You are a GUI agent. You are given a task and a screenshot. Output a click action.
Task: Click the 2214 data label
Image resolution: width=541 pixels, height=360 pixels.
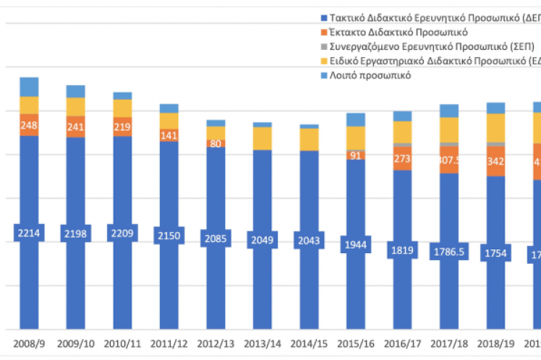pyautogui.click(x=29, y=233)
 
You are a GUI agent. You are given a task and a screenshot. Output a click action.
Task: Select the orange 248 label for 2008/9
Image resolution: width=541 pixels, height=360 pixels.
pyautogui.click(x=29, y=125)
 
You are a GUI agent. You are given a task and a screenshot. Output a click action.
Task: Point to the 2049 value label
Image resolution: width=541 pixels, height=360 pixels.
pyautogui.click(x=263, y=239)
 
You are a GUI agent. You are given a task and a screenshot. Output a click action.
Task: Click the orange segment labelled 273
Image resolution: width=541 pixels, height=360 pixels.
pyautogui.click(x=403, y=158)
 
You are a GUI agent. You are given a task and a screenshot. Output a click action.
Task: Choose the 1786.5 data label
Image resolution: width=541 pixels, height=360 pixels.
pyautogui.click(x=449, y=252)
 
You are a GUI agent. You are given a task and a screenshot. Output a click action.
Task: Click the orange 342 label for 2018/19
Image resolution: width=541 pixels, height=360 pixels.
pyautogui.click(x=496, y=160)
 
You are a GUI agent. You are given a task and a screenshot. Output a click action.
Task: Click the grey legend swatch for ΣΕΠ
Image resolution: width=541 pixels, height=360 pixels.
pyautogui.click(x=323, y=46)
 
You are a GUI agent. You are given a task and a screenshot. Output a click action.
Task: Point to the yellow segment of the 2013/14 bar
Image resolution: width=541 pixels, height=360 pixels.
pyautogui.click(x=263, y=138)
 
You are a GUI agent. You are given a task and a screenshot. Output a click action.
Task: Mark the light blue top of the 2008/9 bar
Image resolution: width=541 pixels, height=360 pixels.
pyautogui.click(x=29, y=87)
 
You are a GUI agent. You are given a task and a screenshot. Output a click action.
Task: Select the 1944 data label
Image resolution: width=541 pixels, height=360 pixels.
pyautogui.click(x=356, y=245)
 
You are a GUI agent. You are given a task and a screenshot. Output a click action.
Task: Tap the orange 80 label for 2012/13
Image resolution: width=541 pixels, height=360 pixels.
pyautogui.click(x=216, y=143)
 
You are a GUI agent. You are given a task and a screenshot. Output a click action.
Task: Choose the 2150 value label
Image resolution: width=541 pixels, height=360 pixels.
pyautogui.click(x=169, y=235)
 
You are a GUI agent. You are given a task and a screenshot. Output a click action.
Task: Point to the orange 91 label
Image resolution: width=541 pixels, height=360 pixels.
pyautogui.click(x=356, y=155)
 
